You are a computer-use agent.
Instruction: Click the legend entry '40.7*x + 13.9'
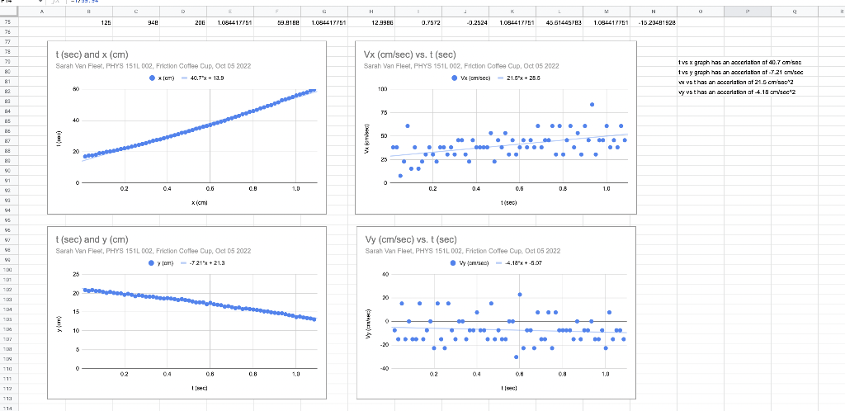click(x=208, y=77)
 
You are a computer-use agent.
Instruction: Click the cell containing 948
click(x=152, y=23)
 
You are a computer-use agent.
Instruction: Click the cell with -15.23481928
click(x=657, y=23)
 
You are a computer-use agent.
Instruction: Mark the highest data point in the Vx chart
click(x=592, y=104)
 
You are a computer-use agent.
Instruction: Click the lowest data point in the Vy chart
click(x=516, y=357)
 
